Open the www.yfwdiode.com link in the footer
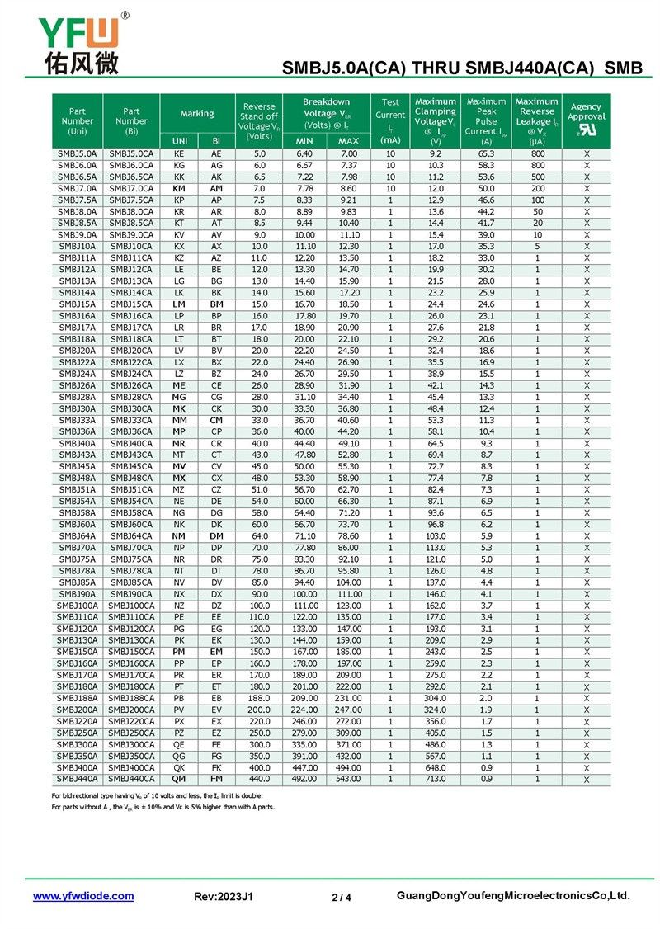click(x=83, y=896)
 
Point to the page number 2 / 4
click(x=342, y=898)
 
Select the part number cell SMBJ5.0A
click(x=78, y=154)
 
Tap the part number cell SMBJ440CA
click(x=131, y=779)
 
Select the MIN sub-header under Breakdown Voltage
click(x=304, y=141)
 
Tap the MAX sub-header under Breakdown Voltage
click(x=349, y=141)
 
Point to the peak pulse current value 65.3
click(x=487, y=154)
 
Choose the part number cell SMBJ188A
click(x=78, y=698)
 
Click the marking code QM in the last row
click(x=178, y=779)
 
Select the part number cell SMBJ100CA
click(x=131, y=606)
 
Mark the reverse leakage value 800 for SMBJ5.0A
click(x=537, y=154)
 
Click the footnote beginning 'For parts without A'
click(x=163, y=806)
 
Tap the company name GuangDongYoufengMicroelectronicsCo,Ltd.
click(x=513, y=896)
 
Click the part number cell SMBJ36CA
click(x=131, y=431)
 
